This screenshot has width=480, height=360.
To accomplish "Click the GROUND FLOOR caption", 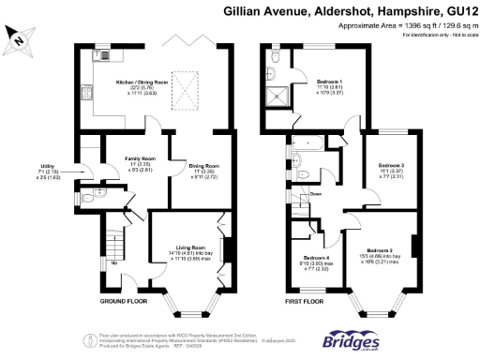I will (x=124, y=302).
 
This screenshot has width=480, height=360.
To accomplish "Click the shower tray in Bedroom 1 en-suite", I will (x=277, y=97).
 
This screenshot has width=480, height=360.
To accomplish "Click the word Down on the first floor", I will (x=317, y=194).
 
